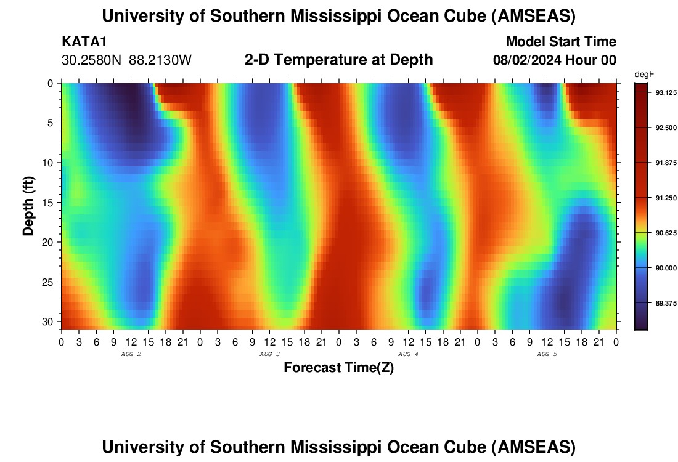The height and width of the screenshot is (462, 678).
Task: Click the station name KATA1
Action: click(84, 42)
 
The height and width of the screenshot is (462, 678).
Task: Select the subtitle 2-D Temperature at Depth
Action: click(338, 60)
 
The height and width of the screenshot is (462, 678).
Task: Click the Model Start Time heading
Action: click(560, 42)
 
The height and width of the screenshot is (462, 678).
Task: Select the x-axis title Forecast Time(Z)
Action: click(338, 368)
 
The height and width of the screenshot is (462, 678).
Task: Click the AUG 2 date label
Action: click(131, 354)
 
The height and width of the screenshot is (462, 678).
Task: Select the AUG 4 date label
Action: click(408, 354)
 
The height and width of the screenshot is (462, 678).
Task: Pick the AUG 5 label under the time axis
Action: click(547, 354)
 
